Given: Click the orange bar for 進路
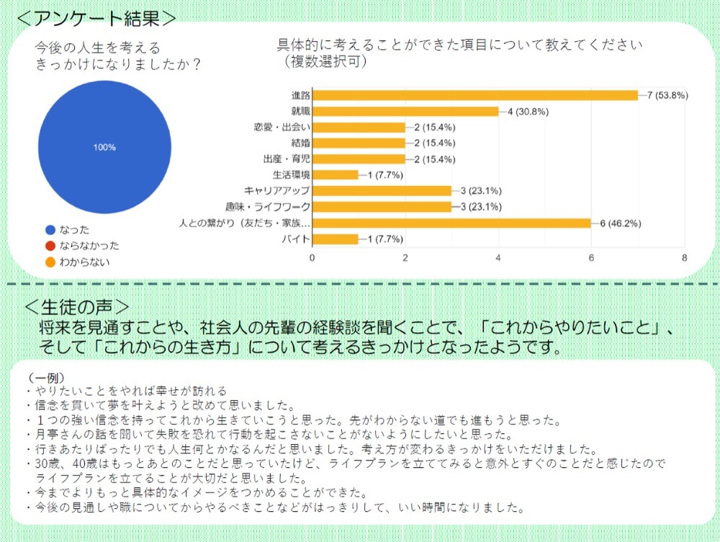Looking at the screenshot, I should click(x=475, y=96).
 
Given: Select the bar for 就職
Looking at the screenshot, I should click(x=405, y=112).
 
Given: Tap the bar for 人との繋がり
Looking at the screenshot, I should click(x=451, y=223).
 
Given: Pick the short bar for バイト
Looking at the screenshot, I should click(x=336, y=239).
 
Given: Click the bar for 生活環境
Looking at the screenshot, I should click(x=336, y=175).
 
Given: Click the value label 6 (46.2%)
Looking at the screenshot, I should click(x=621, y=223).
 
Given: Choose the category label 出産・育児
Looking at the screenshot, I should click(x=287, y=159).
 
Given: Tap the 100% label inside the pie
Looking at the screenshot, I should click(x=104, y=148).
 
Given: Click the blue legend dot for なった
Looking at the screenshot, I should click(x=50, y=230).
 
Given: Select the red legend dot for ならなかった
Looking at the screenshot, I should click(x=50, y=246).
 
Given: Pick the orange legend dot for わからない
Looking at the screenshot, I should click(x=50, y=262).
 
